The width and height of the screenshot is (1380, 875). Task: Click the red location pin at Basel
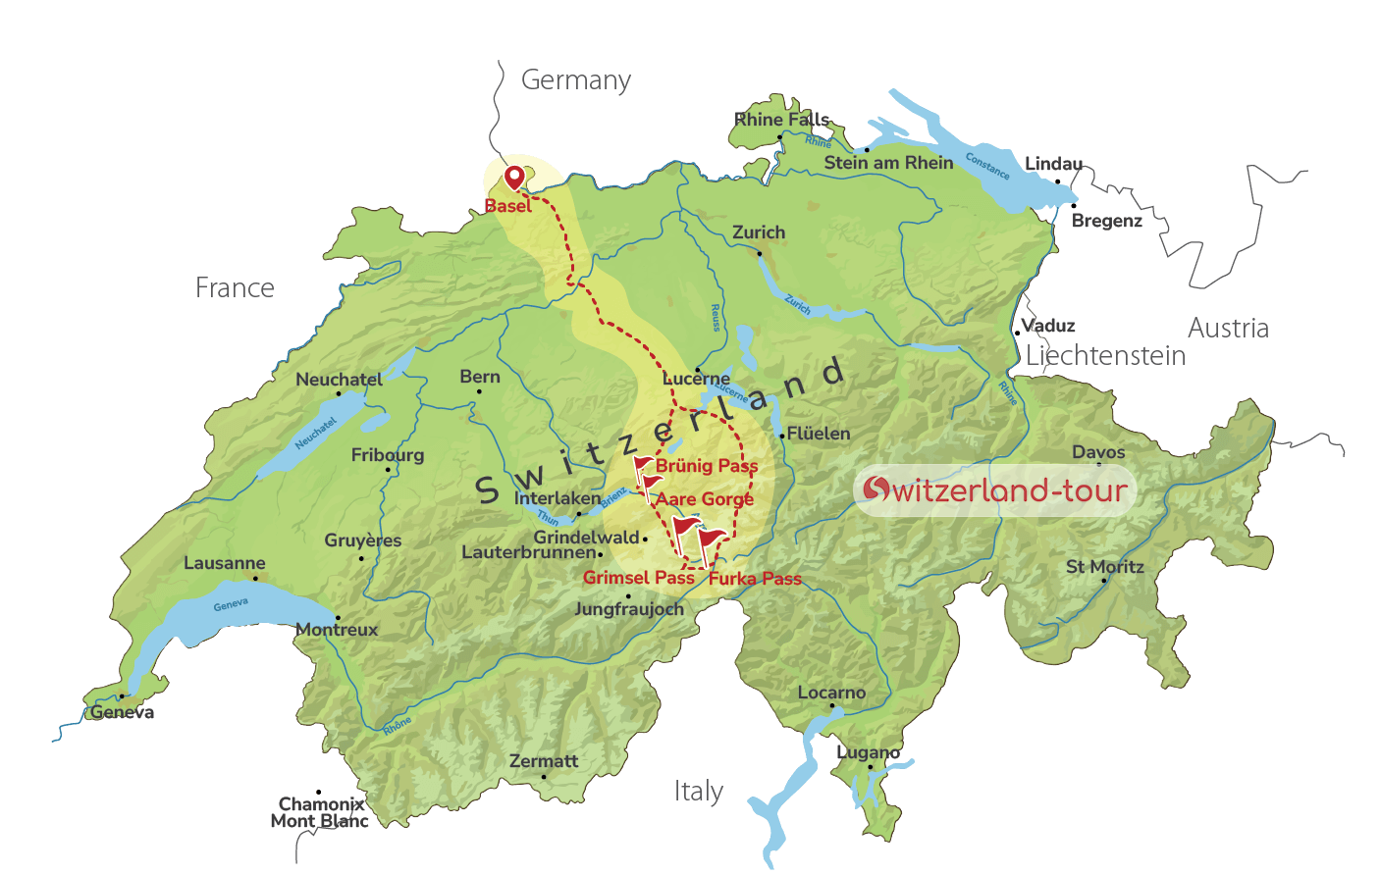tap(514, 178)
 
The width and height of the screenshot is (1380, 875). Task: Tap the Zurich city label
tap(759, 232)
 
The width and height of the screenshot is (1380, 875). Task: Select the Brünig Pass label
tap(707, 466)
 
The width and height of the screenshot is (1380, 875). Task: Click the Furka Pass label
tap(755, 579)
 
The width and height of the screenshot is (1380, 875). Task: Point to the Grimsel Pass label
tap(638, 578)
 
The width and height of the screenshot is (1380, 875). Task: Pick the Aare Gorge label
tap(705, 499)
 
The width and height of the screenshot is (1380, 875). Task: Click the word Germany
tap(576, 80)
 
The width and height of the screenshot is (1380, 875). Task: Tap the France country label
tap(235, 287)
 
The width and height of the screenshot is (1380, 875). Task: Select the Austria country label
tap(1228, 328)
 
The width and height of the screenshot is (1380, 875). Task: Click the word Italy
tap(698, 791)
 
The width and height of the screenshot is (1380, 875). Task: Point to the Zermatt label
tap(544, 761)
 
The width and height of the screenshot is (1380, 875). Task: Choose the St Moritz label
tap(1105, 567)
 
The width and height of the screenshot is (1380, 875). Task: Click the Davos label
tap(1098, 452)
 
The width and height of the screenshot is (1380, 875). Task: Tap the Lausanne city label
tap(225, 563)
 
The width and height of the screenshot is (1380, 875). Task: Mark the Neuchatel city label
tap(339, 380)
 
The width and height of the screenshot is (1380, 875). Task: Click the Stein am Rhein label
tap(888, 163)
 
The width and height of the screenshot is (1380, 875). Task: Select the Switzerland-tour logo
tap(995, 490)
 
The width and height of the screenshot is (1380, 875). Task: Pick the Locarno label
tap(831, 693)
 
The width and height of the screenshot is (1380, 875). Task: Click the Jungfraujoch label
tap(628, 609)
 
